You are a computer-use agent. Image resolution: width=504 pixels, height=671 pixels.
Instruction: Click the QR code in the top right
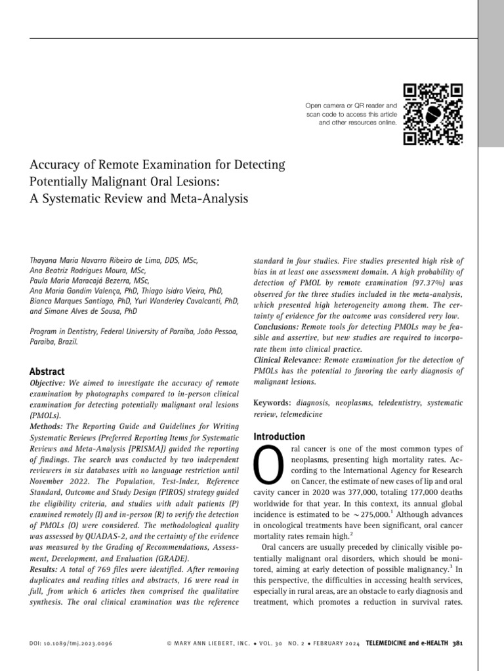click(432, 114)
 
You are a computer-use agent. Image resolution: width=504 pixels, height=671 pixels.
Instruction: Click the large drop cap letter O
click(267, 467)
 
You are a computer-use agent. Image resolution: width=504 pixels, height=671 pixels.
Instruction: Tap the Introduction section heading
click(279, 436)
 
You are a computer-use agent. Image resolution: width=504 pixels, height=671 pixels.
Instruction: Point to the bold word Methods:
click(47, 425)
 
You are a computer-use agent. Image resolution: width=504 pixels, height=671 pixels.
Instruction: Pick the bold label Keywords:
click(272, 403)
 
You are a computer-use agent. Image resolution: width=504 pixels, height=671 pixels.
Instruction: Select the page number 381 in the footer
click(458, 644)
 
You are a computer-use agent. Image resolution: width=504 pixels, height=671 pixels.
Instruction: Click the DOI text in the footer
click(72, 644)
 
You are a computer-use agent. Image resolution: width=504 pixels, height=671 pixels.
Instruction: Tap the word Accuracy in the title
click(56, 164)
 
